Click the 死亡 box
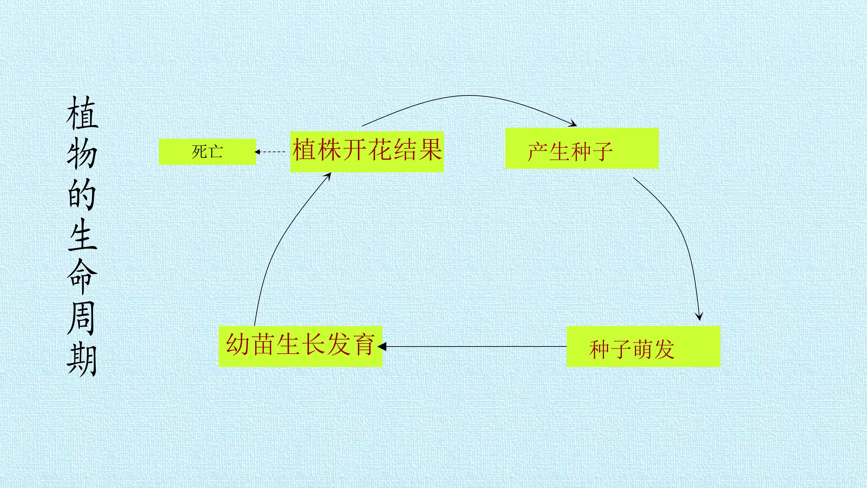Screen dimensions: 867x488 click(x=207, y=152)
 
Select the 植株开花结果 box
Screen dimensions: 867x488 click(x=367, y=152)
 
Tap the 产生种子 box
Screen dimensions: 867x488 click(x=582, y=148)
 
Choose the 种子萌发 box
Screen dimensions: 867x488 click(x=643, y=346)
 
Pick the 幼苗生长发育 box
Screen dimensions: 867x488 click(x=300, y=346)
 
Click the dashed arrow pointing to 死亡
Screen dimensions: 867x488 click(x=270, y=152)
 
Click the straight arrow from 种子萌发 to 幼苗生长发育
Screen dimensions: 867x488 click(x=472, y=346)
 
